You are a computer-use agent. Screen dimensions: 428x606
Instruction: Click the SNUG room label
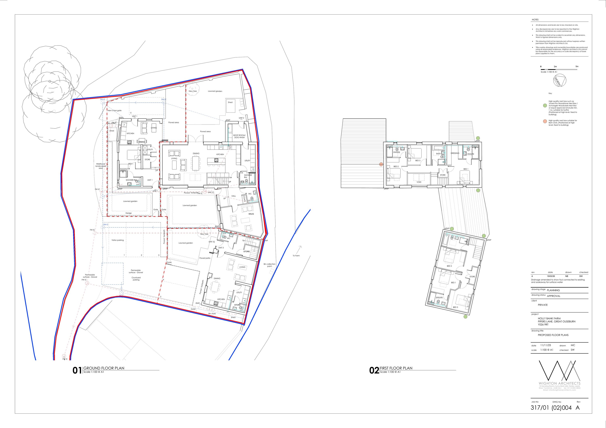pos(251,214)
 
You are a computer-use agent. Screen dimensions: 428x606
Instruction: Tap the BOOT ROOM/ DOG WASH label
pos(239,136)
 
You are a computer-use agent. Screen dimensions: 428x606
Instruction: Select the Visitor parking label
pos(117,240)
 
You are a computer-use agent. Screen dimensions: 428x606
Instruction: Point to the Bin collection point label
pos(269,265)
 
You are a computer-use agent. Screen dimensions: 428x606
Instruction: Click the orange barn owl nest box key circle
pos(545,122)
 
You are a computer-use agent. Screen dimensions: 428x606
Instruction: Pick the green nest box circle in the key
pos(545,106)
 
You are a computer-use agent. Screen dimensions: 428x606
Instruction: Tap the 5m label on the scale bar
pos(577,66)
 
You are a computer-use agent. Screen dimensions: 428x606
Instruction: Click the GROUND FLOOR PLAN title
pos(104,368)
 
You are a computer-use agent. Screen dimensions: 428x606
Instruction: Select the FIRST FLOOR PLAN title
pos(396,368)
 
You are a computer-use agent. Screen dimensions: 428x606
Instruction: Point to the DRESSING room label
pos(455,153)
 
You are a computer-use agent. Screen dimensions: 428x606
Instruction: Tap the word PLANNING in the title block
pos(553,290)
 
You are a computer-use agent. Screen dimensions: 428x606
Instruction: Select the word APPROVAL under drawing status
pos(553,296)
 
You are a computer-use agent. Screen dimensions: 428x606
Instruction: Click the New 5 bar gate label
pos(115,110)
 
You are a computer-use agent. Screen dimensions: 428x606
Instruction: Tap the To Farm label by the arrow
pos(296,256)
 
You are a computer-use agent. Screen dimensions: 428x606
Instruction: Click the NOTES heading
pos(535,20)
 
